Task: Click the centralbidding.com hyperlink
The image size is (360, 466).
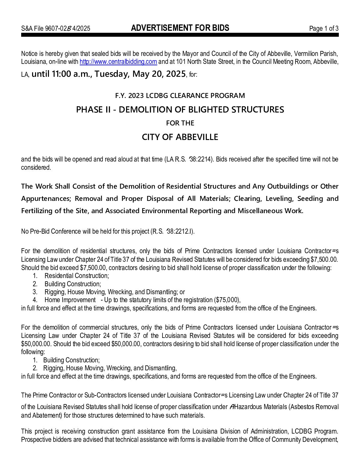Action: tap(118, 62)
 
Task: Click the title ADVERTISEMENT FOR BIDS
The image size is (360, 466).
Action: tap(180, 28)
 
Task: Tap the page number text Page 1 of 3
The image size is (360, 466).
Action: tap(324, 28)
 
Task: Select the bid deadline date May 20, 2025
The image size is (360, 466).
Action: tap(159, 74)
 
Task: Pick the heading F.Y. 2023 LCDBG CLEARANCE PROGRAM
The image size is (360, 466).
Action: tap(180, 96)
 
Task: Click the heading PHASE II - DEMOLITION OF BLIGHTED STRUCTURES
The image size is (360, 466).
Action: tap(180, 110)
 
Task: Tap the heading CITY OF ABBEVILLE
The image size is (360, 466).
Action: tap(180, 137)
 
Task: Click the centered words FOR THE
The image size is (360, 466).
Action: tap(180, 123)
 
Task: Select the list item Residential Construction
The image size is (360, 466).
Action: tap(76, 276)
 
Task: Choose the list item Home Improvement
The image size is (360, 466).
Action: tap(70, 300)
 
